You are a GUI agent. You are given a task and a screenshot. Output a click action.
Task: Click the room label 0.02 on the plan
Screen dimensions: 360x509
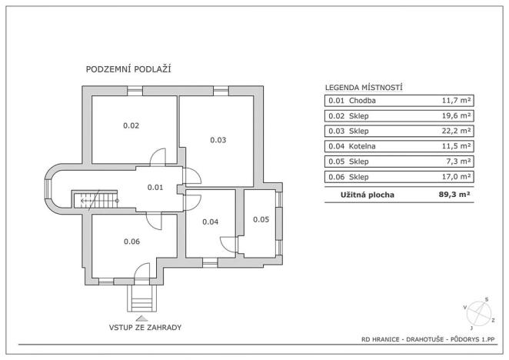[x=131, y=125]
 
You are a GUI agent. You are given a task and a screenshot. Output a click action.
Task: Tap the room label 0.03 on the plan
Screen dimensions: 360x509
[x=218, y=140]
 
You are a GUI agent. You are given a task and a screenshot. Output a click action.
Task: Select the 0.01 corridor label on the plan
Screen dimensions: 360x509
[x=155, y=187]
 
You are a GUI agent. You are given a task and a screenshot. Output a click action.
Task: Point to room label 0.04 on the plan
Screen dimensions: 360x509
[x=211, y=222]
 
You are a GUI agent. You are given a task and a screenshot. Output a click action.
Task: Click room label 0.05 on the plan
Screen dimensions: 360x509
[x=261, y=219]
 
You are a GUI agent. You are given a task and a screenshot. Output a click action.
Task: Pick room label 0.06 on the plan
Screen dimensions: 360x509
[x=132, y=242]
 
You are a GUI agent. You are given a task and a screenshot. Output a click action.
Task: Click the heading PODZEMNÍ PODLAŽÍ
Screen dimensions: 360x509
[x=128, y=69]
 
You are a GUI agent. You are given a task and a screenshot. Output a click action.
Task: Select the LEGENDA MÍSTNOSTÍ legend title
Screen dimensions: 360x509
[x=364, y=88]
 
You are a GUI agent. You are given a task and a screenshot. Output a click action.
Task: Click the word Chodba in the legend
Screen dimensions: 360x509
[x=363, y=100]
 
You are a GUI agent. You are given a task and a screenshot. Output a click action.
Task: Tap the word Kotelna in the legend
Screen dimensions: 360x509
[x=364, y=146]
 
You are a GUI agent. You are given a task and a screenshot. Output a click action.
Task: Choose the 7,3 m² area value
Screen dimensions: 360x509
[x=458, y=162]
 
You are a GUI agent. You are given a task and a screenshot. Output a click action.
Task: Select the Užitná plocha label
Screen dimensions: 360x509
[x=368, y=195]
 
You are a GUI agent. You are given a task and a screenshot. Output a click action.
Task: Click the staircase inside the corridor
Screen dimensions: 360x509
[x=96, y=201]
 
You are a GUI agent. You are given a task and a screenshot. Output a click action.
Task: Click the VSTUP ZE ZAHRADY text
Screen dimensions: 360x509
[x=145, y=327]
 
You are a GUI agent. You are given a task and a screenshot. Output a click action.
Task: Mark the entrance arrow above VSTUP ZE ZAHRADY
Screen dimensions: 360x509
[x=141, y=316]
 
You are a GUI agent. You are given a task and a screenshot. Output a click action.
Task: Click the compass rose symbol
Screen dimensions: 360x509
[x=478, y=312]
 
